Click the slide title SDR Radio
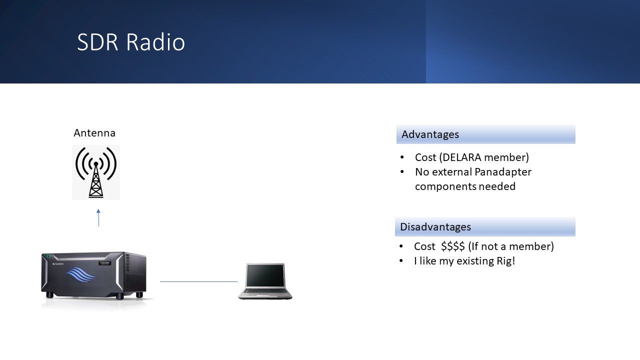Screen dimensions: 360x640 click(x=131, y=42)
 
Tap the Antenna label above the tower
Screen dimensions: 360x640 click(x=94, y=133)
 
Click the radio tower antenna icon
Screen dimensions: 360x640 click(x=96, y=172)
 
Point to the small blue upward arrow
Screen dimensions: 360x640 click(x=98, y=217)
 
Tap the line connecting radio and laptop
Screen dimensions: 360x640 click(x=198, y=281)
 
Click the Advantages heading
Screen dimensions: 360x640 click(x=430, y=134)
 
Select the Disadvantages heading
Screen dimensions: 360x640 click(x=435, y=227)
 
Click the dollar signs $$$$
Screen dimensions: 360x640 click(x=453, y=246)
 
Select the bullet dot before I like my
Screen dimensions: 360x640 click(x=401, y=261)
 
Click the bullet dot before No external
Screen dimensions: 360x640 click(x=402, y=172)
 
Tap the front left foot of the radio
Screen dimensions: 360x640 click(x=49, y=295)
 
